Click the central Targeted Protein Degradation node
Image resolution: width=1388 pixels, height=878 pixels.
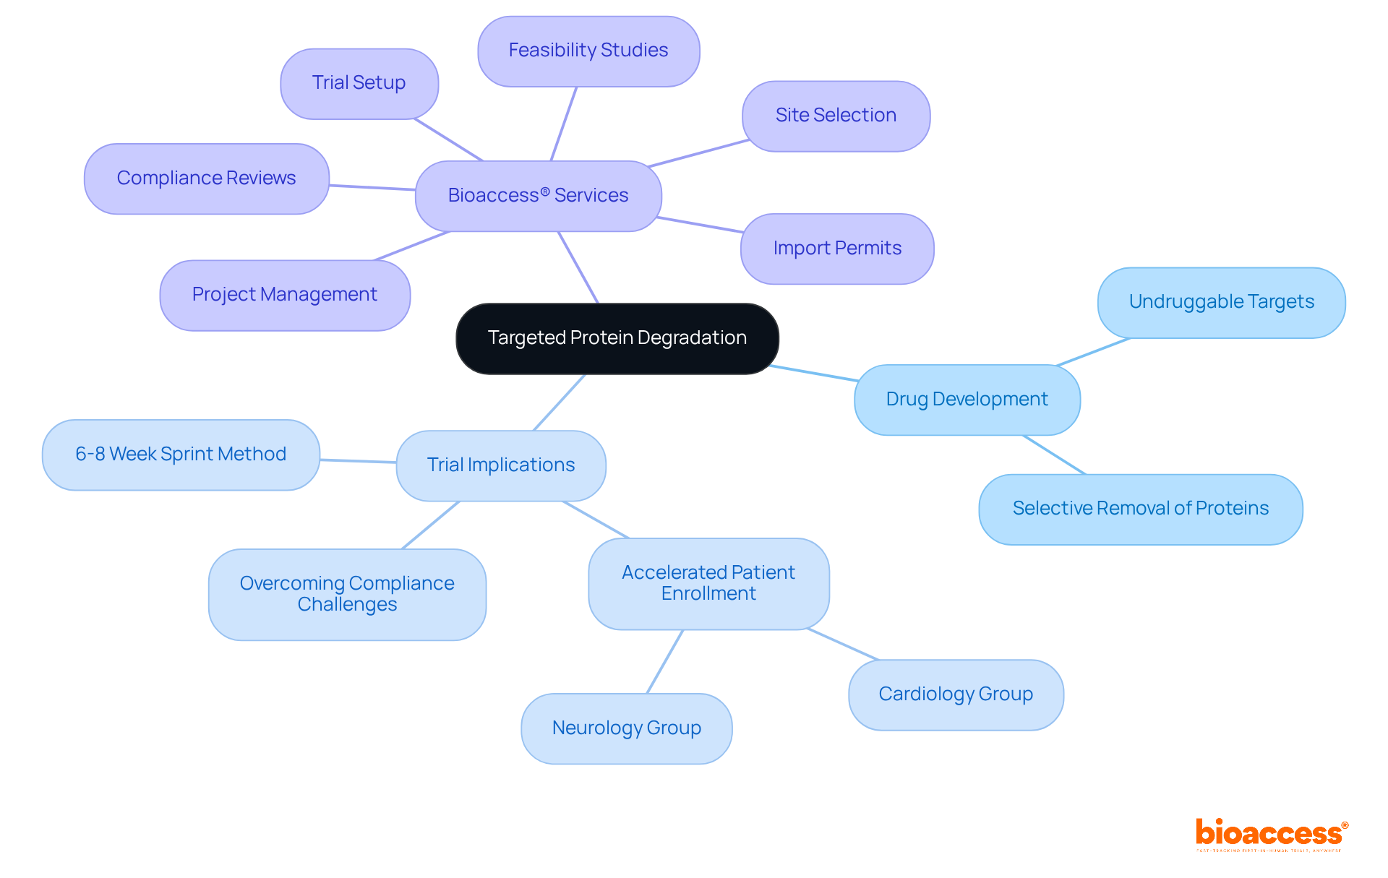617,338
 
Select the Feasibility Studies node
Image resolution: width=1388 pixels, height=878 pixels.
588,51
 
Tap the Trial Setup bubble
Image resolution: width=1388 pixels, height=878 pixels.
359,83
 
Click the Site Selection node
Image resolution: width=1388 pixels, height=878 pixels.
836,116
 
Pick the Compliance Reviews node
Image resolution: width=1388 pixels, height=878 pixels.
206,178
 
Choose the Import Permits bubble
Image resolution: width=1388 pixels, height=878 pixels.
837,249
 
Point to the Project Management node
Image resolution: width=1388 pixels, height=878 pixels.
284,295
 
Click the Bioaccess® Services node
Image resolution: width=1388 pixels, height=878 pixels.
538,196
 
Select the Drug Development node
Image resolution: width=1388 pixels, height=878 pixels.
967,400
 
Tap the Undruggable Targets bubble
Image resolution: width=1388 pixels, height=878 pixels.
1221,302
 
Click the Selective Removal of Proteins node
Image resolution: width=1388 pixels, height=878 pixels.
1140,509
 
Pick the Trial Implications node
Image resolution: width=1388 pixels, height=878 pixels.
500,465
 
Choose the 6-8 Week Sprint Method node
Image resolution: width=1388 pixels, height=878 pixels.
181,455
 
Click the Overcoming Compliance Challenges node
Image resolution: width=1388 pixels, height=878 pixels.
347,594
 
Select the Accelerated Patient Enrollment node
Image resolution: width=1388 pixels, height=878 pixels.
708,583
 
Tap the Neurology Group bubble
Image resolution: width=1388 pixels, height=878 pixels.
626,728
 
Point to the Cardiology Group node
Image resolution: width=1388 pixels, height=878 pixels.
956,694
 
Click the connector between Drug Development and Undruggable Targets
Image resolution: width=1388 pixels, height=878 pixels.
1093,351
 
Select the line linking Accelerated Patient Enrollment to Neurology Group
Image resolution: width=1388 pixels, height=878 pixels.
665,661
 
